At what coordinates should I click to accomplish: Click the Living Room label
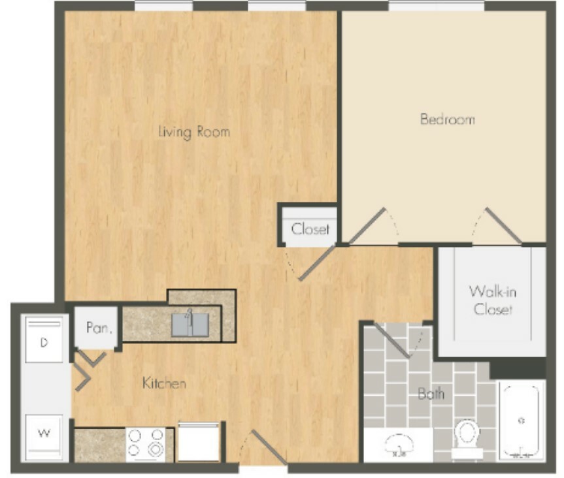(194, 133)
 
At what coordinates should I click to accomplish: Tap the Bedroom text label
(448, 119)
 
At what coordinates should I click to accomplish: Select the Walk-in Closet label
(493, 300)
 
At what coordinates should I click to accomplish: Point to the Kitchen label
(165, 383)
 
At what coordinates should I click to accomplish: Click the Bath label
(431, 394)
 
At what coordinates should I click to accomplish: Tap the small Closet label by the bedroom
(310, 229)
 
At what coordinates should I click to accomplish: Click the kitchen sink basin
(190, 325)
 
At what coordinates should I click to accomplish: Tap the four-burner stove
(146, 444)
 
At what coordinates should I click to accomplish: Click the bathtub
(522, 421)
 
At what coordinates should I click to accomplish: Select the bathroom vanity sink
(399, 445)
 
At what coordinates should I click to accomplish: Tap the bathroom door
(391, 340)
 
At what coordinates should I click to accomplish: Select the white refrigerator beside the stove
(199, 443)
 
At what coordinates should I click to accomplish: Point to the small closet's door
(317, 263)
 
